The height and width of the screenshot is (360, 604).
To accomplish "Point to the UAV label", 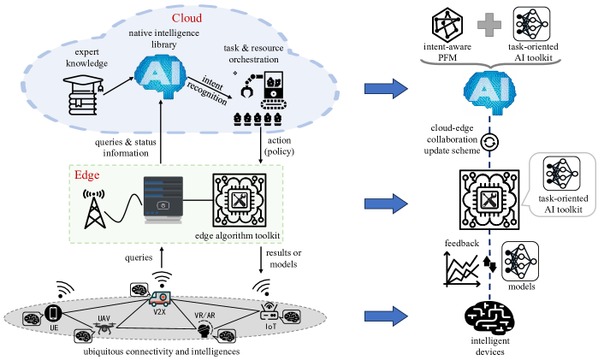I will click(104, 318).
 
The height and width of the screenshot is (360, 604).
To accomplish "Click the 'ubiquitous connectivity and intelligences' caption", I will click(152, 351).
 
